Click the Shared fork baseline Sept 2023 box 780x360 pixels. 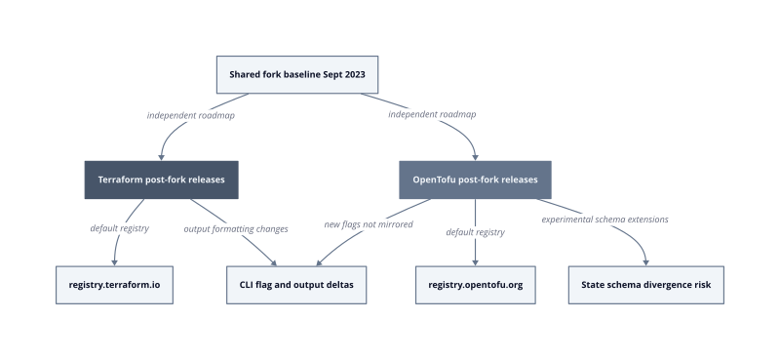click(x=297, y=75)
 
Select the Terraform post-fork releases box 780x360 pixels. click(x=161, y=180)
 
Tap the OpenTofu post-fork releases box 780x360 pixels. click(x=475, y=180)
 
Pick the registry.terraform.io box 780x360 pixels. click(x=114, y=285)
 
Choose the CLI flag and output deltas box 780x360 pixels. click(x=296, y=285)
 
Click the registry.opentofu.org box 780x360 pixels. click(x=476, y=285)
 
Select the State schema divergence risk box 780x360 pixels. click(x=646, y=285)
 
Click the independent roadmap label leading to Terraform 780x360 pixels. click(x=191, y=115)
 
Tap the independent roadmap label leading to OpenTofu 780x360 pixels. click(x=432, y=114)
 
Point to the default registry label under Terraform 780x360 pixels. click(x=119, y=228)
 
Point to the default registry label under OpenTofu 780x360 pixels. click(x=476, y=232)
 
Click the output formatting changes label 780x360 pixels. click(x=236, y=229)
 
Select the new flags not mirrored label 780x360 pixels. click(x=369, y=224)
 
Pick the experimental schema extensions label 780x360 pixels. click(x=604, y=220)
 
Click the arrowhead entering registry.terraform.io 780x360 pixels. click(x=114, y=262)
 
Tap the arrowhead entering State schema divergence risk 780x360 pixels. click(x=646, y=262)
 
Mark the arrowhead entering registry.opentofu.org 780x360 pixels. click(x=475, y=262)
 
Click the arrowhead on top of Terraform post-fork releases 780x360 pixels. click(x=161, y=157)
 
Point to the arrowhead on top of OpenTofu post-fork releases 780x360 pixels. click(x=475, y=157)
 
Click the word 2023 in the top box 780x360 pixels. click(x=355, y=75)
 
